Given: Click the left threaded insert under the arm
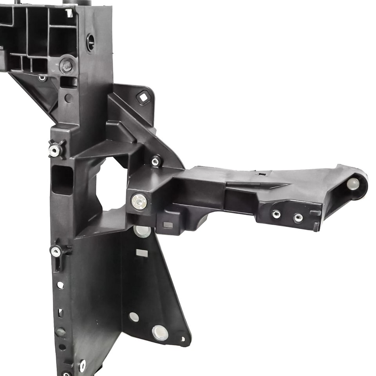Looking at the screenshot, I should click(x=277, y=214).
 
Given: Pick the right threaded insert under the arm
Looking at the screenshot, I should click(x=298, y=217).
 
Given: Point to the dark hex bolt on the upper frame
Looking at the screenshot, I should click(x=67, y=65).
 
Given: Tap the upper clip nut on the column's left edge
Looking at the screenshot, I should click(x=55, y=150).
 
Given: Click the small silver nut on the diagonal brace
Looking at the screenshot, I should click(x=155, y=161).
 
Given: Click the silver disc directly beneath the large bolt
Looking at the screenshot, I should click(x=142, y=231).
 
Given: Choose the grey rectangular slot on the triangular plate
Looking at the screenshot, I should click(x=142, y=253).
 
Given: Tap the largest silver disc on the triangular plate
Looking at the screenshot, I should click(x=160, y=333).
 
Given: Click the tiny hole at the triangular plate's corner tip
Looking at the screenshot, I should click(x=183, y=339).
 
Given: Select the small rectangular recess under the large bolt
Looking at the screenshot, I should click(x=168, y=225).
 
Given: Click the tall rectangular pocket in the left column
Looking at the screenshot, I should click(x=62, y=180).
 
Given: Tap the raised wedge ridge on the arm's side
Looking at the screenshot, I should click(x=251, y=184).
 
